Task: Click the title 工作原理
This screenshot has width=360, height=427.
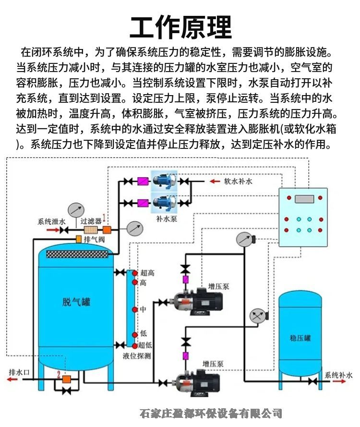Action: point(180,26)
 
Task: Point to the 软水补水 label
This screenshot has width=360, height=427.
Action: point(238,182)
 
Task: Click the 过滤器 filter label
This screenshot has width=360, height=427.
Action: point(91,221)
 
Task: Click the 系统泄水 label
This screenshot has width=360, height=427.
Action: point(52,221)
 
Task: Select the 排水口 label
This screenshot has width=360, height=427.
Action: point(20,372)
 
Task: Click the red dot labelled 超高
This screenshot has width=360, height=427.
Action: point(135,273)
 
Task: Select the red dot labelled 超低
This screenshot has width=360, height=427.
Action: point(135,345)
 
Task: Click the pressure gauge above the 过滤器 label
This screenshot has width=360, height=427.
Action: point(75,210)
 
